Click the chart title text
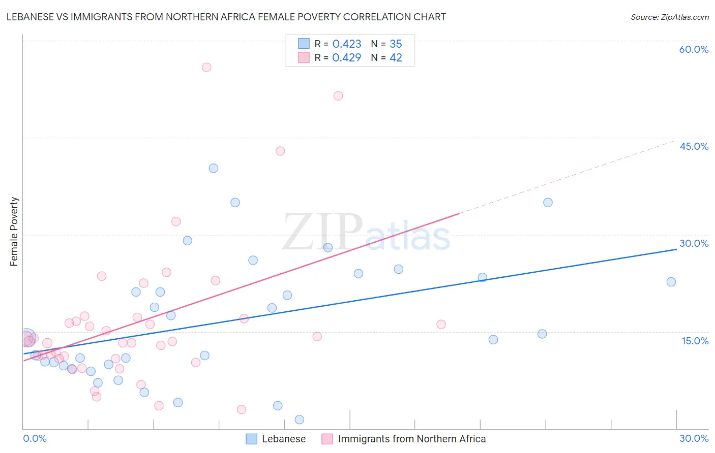point(226,17)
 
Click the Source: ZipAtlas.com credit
point(669,17)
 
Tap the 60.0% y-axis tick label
point(693,49)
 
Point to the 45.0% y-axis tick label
point(694,146)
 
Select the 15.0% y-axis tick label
point(695,341)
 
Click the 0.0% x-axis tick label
point(35,438)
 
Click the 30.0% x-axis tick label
point(694,438)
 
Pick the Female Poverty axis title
point(14,232)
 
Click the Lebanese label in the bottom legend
point(284,439)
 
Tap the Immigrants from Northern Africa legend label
point(411,439)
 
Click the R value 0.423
point(346,44)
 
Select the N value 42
point(396,58)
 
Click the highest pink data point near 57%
point(206,67)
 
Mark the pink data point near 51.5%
point(338,96)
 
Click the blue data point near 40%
point(214,168)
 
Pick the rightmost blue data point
point(671,282)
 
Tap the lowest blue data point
point(300,419)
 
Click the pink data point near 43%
point(280,151)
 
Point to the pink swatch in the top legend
point(304,57)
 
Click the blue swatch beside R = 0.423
point(304,44)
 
